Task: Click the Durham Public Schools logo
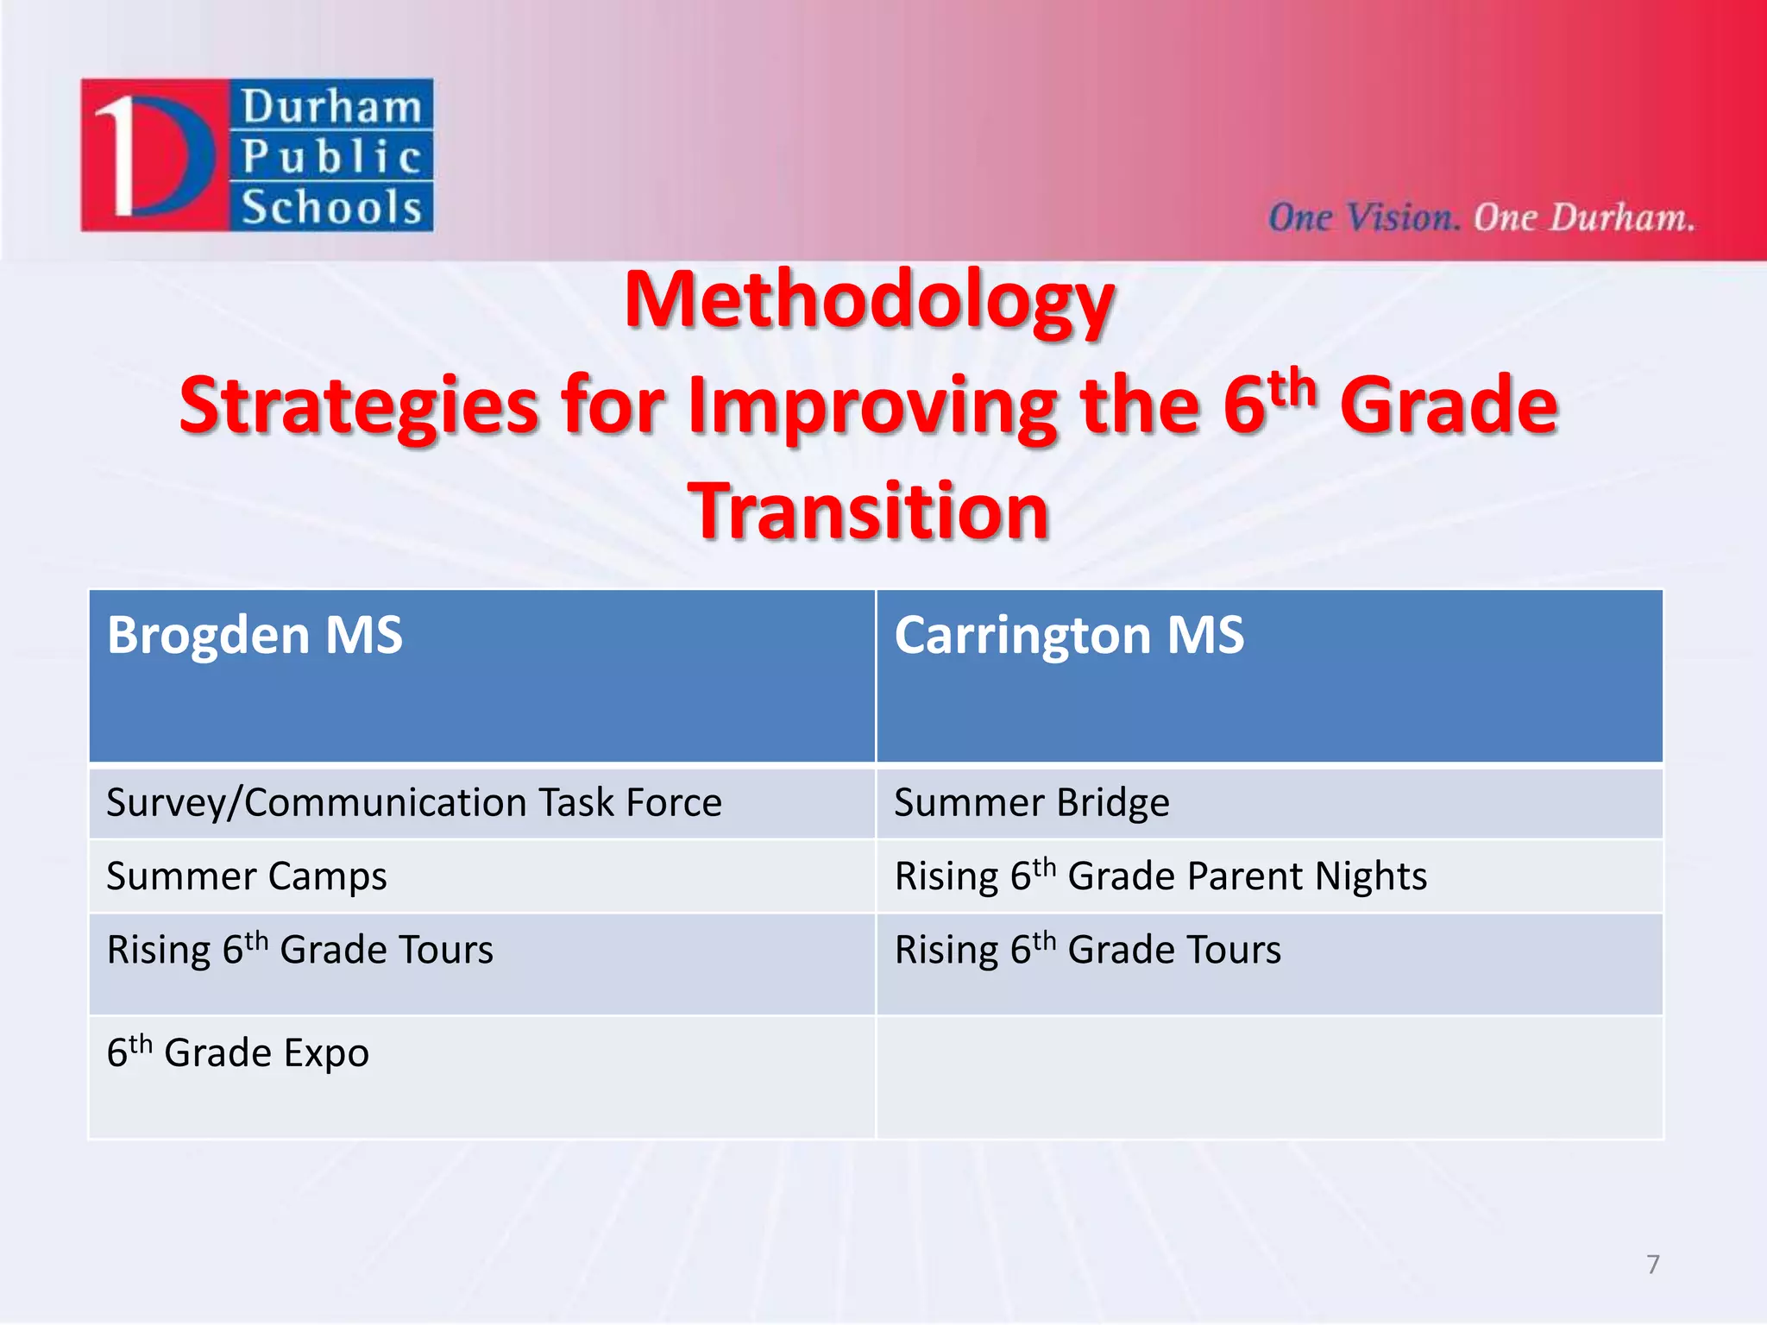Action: (257, 155)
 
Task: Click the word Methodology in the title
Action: (869, 302)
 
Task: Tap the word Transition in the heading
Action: (868, 512)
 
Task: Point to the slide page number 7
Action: (1652, 1265)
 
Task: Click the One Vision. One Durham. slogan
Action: (1481, 217)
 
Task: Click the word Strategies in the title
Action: (359, 407)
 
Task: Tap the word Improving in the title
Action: (871, 407)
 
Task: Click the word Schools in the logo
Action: (331, 208)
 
